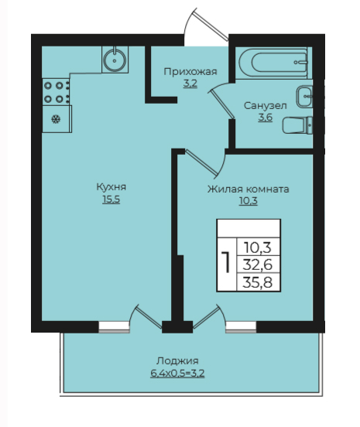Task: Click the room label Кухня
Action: tap(111, 187)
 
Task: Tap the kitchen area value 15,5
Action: tap(111, 200)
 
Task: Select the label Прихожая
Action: tap(190, 72)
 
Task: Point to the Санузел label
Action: tap(266, 106)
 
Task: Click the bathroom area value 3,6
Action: tap(266, 118)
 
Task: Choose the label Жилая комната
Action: tap(248, 189)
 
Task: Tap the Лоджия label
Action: tap(177, 360)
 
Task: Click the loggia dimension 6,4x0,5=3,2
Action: tap(177, 373)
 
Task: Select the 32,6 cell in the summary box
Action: tap(258, 264)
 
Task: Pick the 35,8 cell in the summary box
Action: tap(258, 282)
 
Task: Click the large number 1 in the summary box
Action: tap(225, 262)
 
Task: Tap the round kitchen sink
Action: tap(115, 60)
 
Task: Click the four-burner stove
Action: tap(57, 92)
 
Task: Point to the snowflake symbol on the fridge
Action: tap(56, 119)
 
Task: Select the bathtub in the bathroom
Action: tap(273, 63)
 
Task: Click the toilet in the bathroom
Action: tap(297, 125)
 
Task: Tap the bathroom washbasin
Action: tap(304, 97)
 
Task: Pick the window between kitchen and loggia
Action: tap(114, 327)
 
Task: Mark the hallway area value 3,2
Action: tap(190, 84)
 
